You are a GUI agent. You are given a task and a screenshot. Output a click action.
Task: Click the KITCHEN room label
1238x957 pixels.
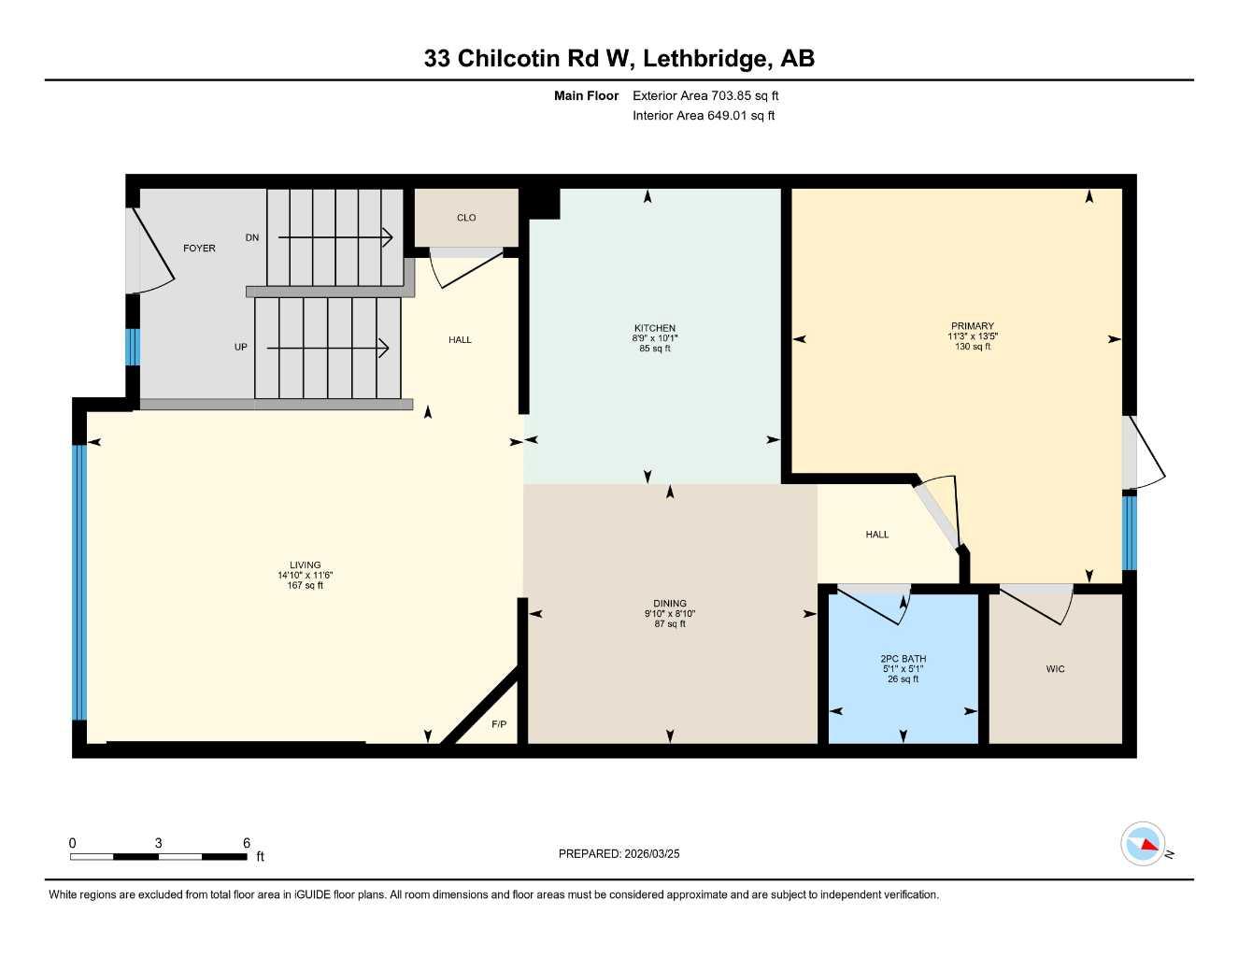click(x=654, y=328)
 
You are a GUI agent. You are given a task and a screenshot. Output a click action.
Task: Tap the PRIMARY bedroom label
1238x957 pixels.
click(x=973, y=326)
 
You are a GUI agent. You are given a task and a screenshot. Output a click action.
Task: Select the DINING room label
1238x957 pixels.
click(x=670, y=603)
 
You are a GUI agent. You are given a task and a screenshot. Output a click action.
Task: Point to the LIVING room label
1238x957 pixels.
click(x=305, y=564)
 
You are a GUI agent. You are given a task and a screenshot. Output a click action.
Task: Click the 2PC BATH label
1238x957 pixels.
click(x=903, y=659)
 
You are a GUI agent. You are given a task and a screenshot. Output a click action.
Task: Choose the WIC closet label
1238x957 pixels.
click(x=1055, y=669)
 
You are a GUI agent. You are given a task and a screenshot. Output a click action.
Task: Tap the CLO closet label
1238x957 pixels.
click(x=466, y=218)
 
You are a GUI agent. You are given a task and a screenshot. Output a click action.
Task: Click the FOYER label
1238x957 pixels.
click(x=199, y=249)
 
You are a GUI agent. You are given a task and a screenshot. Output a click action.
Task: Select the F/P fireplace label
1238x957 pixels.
click(x=499, y=724)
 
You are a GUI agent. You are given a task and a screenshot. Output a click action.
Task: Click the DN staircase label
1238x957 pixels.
click(x=252, y=237)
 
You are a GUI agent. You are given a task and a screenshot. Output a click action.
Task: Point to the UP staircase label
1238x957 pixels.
click(x=241, y=347)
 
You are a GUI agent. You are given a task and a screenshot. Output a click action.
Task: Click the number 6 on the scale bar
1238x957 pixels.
click(x=247, y=843)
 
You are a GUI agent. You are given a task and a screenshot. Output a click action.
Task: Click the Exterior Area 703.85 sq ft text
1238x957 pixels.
click(x=705, y=95)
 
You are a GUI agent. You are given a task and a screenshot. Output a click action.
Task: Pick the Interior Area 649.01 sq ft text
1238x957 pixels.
click(x=704, y=116)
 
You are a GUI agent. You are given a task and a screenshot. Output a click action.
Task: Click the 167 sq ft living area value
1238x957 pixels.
click(x=305, y=586)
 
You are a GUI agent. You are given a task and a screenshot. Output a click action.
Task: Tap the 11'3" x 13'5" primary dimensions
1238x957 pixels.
click(x=973, y=336)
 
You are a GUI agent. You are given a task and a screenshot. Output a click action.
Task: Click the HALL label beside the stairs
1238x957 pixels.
click(x=460, y=340)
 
